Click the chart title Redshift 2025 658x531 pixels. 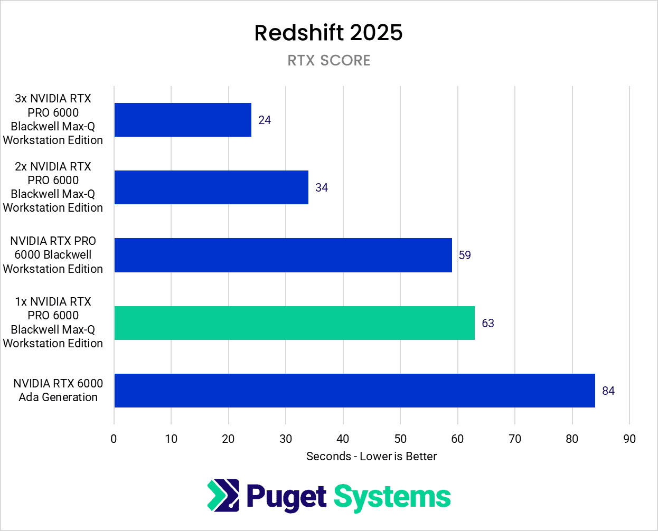328,33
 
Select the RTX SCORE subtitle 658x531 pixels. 328,61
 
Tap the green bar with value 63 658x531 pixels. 294,323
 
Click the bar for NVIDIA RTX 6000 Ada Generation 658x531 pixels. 354,391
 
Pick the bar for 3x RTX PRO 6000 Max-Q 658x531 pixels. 183,120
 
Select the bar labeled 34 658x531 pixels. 211,187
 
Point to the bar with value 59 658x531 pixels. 283,255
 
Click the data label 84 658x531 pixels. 608,391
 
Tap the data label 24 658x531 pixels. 265,120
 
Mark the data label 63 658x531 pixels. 488,324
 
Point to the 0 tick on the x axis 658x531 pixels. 114,439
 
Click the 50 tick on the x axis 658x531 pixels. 400,439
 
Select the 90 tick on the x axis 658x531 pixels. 629,439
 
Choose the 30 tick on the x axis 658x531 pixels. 286,439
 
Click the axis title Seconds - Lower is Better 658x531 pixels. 371,457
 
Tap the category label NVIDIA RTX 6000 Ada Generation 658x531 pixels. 58,391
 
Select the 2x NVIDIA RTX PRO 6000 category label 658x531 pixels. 53,187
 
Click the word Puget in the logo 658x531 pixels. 286,497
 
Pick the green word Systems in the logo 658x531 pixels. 392,497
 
